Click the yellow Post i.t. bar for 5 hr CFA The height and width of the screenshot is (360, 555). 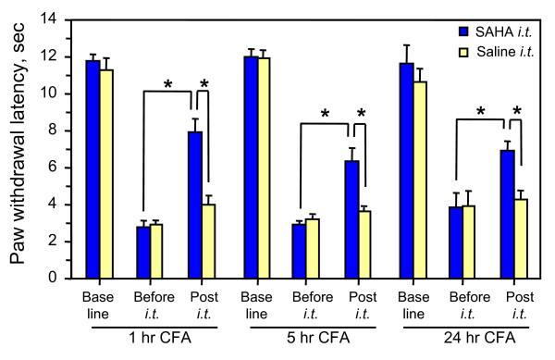(365, 244)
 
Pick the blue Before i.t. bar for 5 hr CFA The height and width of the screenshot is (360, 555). (299, 251)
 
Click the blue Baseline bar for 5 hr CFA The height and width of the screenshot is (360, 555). (250, 168)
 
